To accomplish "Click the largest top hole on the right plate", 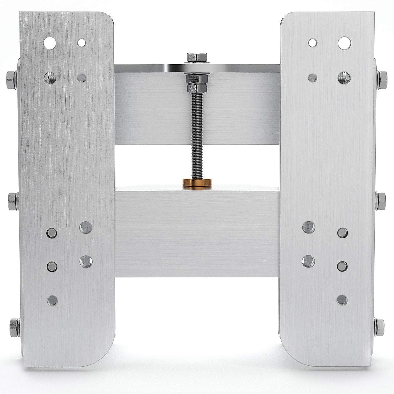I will tap(344, 42).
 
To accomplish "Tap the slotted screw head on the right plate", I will tap(344, 77).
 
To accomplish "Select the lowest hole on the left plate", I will tap(52, 299).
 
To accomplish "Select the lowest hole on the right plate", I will tap(342, 299).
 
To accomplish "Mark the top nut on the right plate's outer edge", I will tap(382, 77).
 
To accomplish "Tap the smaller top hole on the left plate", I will tap(81, 42).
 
